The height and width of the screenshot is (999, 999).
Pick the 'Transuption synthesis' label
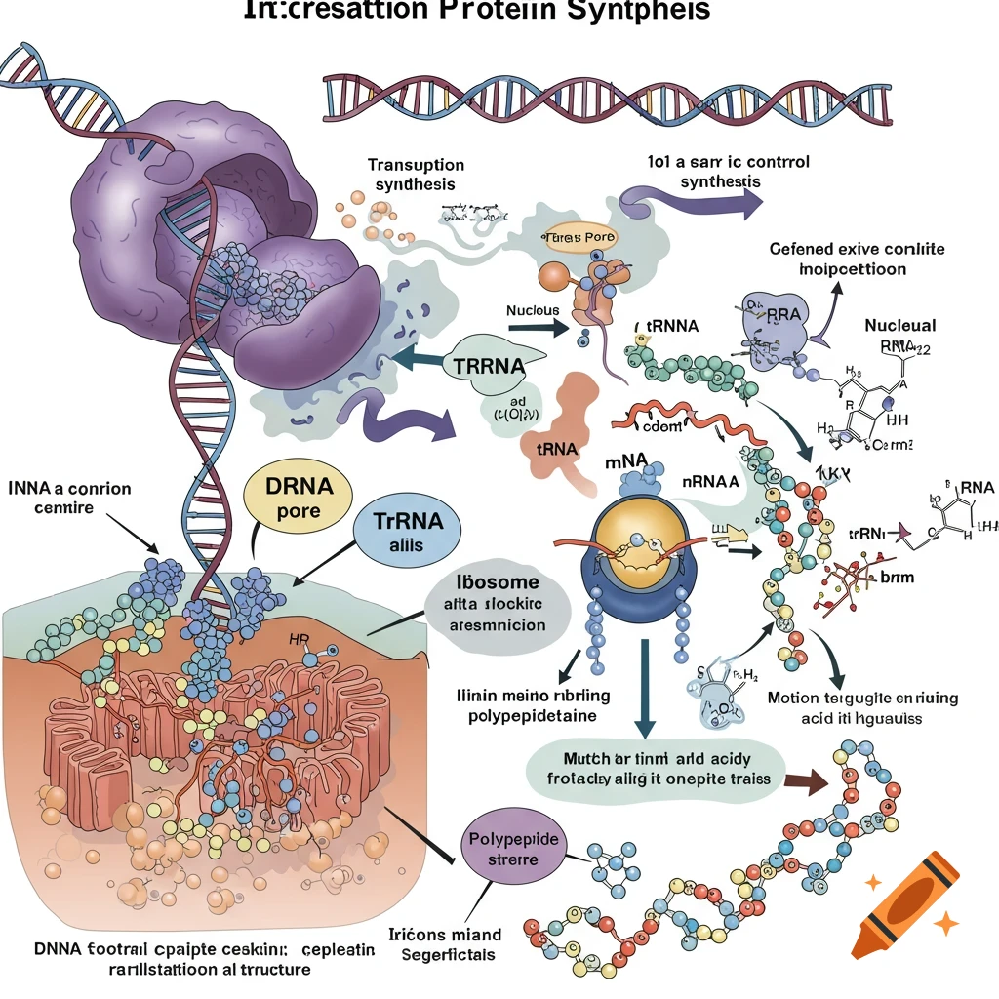point(416,175)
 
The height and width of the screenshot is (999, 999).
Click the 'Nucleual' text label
point(899,325)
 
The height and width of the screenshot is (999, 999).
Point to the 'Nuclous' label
point(533,311)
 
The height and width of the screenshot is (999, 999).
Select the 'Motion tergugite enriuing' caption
point(862,707)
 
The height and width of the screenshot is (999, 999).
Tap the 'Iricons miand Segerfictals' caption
point(448,943)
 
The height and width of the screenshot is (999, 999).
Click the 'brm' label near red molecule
point(897,578)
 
